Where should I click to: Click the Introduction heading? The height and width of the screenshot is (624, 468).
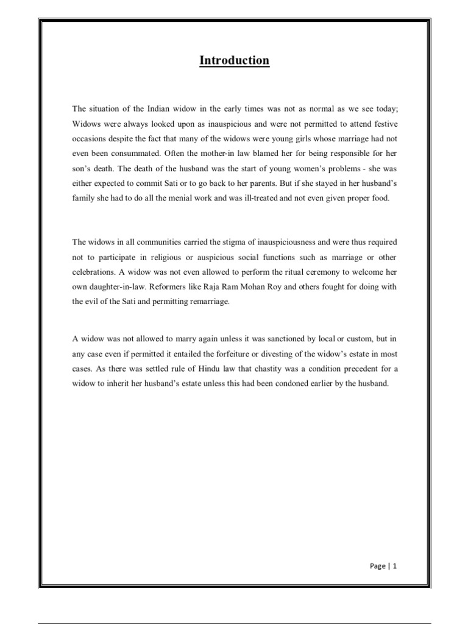coord(234,60)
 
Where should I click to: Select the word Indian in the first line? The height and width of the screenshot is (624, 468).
coord(161,108)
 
